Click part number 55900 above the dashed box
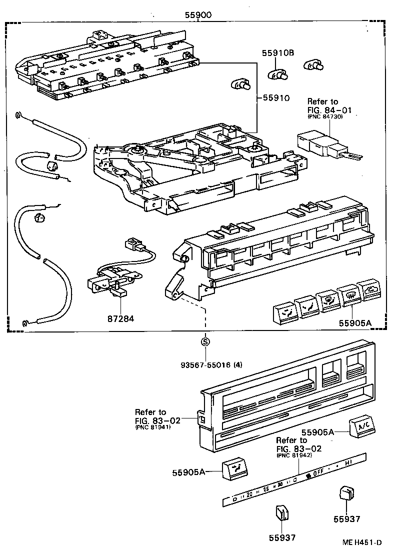[x=197, y=15]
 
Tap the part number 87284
[x=120, y=318]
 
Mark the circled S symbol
[x=205, y=342]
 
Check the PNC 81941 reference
[x=152, y=427]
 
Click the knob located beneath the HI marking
[x=345, y=494]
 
